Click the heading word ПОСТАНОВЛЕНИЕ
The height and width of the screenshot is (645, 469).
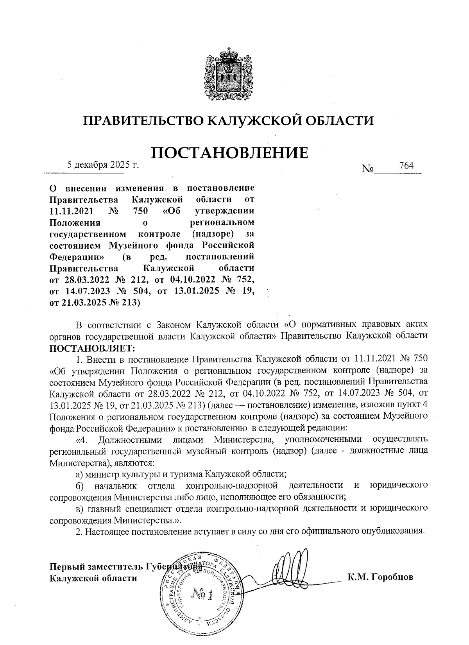(x=229, y=153)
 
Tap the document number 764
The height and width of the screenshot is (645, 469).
(x=406, y=165)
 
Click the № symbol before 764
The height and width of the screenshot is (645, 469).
(x=368, y=169)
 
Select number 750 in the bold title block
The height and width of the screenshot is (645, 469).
(x=141, y=211)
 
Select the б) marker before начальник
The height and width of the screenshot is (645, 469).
(x=80, y=486)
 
